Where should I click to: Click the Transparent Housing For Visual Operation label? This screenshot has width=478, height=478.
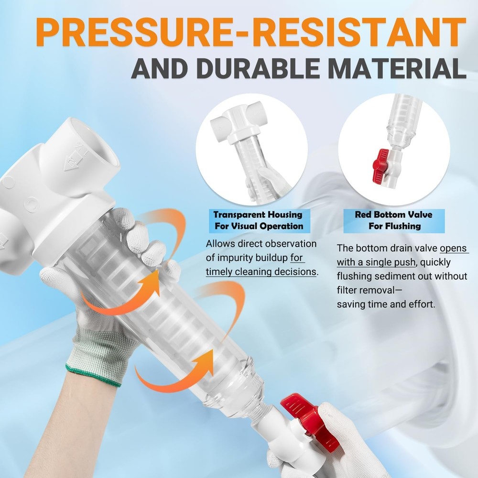258,220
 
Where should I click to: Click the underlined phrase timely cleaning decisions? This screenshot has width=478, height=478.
261,272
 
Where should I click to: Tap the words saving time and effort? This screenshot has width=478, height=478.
386,304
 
